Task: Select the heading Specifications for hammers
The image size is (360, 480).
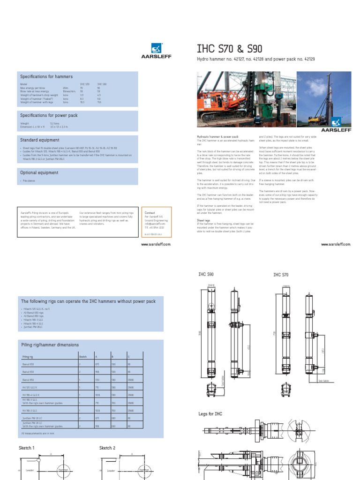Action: coord(46,76)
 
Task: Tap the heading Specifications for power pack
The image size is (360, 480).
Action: coord(49,115)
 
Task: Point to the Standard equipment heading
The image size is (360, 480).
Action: coord(39,140)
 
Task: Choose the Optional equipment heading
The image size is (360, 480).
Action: coord(39,172)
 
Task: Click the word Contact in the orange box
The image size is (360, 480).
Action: coord(150,212)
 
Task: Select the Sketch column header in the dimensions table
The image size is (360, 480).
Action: coord(83,357)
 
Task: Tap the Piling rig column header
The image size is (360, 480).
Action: coord(28,357)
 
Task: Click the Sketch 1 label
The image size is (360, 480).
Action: coord(27,448)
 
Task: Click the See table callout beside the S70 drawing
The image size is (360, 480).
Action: coord(324,381)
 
